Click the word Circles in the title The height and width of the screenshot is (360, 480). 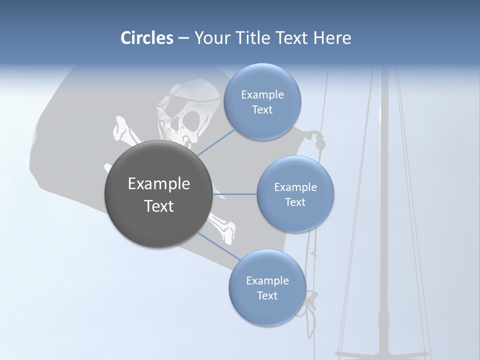(x=146, y=38)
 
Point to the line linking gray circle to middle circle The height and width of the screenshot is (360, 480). (x=234, y=194)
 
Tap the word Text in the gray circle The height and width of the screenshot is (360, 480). (x=158, y=206)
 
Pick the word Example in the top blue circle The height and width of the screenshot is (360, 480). (x=262, y=95)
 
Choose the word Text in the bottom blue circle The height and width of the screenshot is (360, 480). (x=267, y=295)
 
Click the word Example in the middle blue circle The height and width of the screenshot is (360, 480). (x=295, y=187)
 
